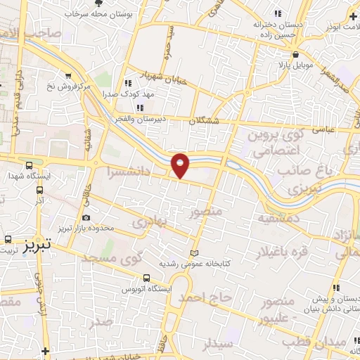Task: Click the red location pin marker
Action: tap(181, 165)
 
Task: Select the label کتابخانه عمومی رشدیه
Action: tap(195, 264)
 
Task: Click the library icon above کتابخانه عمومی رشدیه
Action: tap(195, 253)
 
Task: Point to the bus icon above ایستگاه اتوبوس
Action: tap(146, 277)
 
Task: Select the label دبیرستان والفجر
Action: tap(141, 119)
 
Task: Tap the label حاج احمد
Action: tap(204, 298)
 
